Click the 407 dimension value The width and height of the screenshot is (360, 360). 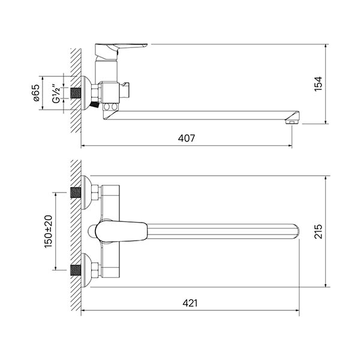[187, 138]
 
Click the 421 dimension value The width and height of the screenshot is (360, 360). [190, 303]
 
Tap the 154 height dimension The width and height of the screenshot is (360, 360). [318, 84]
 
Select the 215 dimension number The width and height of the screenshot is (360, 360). [318, 232]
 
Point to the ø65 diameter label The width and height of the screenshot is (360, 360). [37, 93]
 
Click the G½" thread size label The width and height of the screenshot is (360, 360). [56, 94]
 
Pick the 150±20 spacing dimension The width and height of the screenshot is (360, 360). [48, 232]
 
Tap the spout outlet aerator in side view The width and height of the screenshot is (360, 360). [292, 122]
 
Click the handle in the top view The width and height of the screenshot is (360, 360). [121, 232]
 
